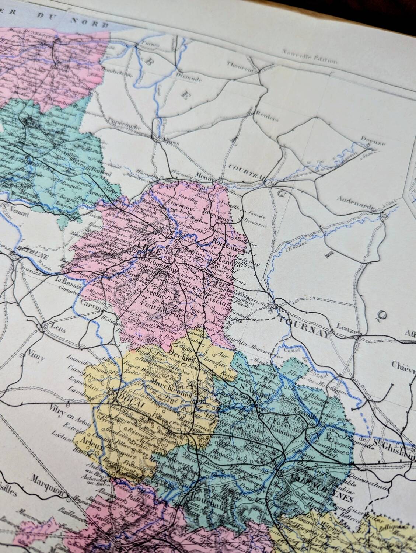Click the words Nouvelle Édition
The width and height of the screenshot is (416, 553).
tap(310, 57)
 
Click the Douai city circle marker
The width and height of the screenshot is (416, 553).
tap(111, 392)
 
